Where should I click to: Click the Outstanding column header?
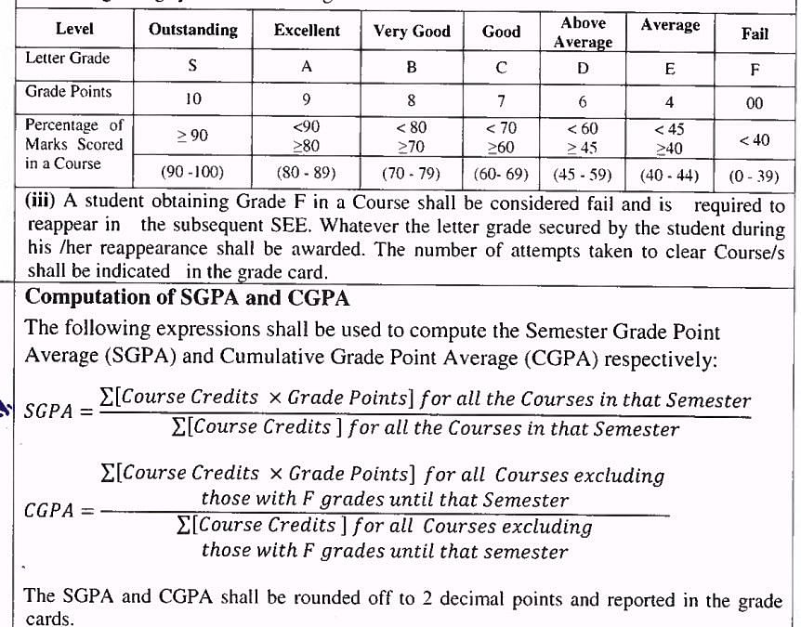[192, 30]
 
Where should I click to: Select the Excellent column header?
[307, 31]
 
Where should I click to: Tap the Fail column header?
[755, 34]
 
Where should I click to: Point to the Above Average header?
[584, 33]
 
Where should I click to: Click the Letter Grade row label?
[68, 59]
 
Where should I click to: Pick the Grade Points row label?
[69, 92]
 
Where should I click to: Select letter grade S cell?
[192, 68]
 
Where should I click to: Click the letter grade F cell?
[755, 70]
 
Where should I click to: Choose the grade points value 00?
[755, 104]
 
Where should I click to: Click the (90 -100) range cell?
[192, 172]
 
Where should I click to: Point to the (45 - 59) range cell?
[584, 173]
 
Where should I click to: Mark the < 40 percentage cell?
[755, 140]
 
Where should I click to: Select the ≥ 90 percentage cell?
[192, 137]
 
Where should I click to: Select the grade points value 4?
[669, 102]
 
